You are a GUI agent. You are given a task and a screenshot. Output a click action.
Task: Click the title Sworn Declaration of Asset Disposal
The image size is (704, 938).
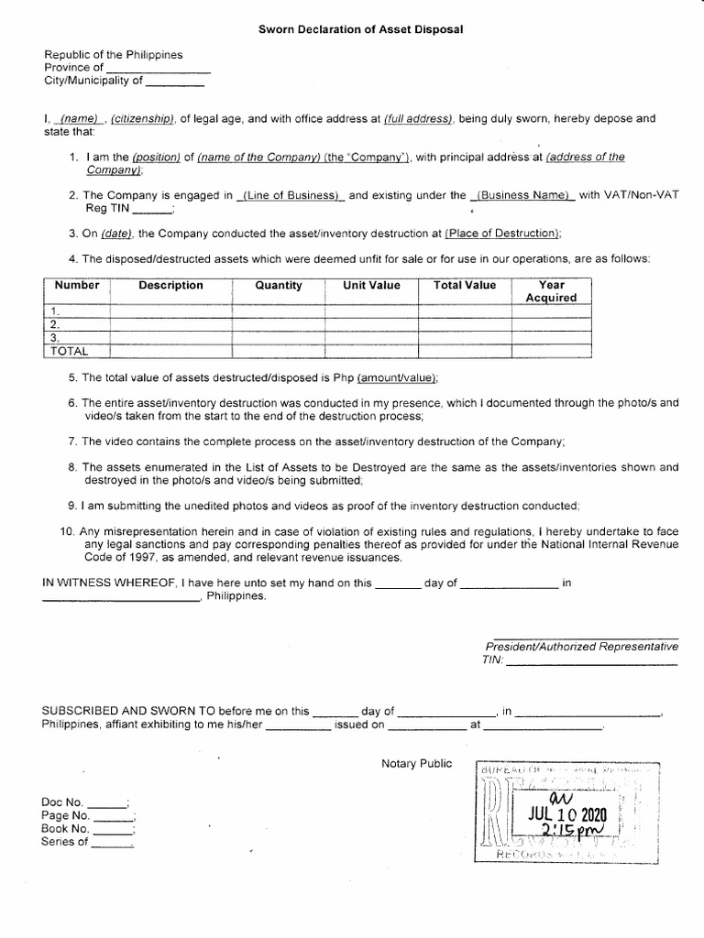click(361, 29)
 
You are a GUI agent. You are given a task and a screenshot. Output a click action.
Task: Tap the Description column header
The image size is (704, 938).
click(170, 285)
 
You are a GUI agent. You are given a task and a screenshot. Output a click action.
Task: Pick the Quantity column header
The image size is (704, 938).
click(279, 285)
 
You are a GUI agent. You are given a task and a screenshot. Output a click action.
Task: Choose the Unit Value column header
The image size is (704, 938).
click(371, 285)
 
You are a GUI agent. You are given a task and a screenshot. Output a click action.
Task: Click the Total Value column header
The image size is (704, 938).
click(464, 285)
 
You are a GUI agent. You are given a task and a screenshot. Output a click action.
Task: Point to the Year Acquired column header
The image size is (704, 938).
click(551, 291)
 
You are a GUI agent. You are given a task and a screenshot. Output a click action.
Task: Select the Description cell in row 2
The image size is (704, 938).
click(170, 324)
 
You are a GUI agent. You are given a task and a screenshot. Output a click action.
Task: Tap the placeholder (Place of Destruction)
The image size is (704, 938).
click(502, 234)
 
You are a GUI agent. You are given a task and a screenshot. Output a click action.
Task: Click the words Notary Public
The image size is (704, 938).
click(416, 764)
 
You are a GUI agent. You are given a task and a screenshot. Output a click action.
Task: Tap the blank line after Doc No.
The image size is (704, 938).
click(107, 803)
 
